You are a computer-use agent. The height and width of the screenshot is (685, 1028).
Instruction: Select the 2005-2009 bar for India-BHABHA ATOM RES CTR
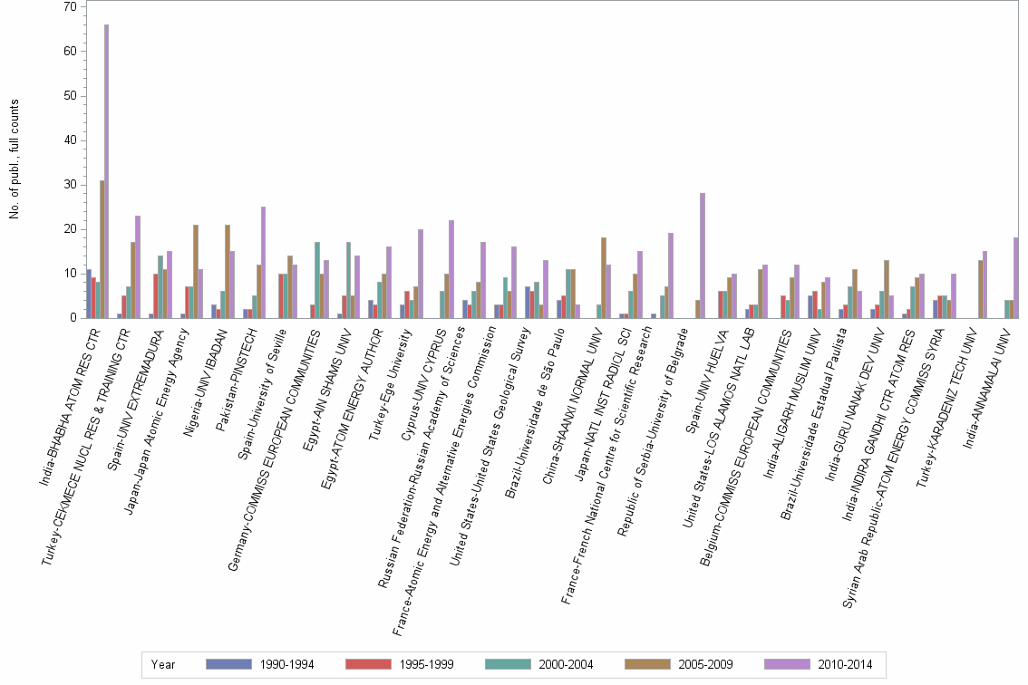102,249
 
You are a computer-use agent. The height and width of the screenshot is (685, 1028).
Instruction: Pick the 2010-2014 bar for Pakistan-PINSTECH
263,263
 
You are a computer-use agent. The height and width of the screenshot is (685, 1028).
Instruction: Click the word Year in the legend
163,664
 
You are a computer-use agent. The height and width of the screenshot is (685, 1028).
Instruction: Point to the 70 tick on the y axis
71,7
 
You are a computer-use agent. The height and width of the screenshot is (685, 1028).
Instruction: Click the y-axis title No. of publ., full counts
15,159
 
